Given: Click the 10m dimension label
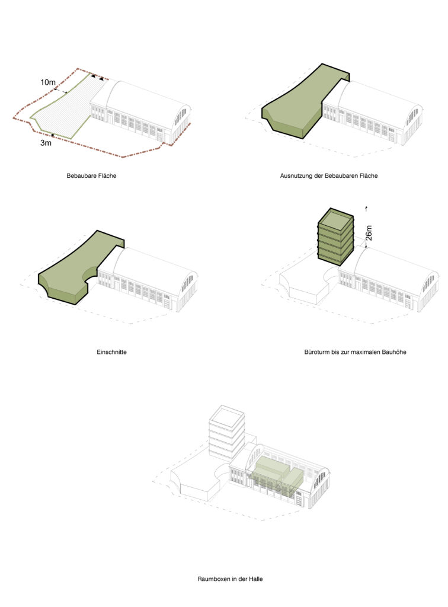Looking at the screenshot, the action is [48, 82].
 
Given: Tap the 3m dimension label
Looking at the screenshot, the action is [46, 143].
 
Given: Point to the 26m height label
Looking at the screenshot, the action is [369, 233].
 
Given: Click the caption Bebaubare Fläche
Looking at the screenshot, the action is [91, 175].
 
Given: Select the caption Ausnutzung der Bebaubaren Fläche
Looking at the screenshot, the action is [329, 175].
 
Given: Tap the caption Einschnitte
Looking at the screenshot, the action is [111, 352].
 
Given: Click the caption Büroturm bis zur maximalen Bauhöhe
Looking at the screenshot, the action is [355, 352].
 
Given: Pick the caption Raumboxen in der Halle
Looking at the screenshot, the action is [230, 579].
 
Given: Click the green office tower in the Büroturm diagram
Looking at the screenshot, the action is [335, 236].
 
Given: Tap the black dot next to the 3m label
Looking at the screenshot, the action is [53, 135].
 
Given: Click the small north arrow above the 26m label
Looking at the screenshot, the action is [366, 209].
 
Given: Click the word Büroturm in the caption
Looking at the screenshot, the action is [316, 352].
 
